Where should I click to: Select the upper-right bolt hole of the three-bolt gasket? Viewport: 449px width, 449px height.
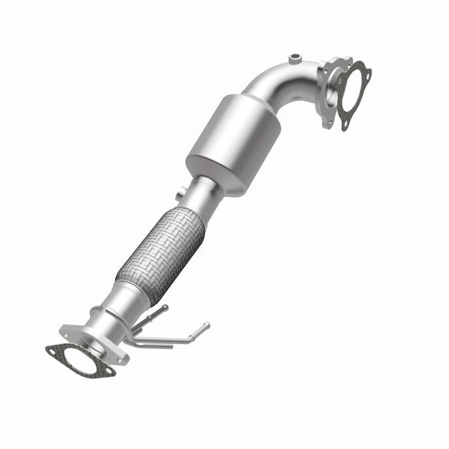coord(368,72)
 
